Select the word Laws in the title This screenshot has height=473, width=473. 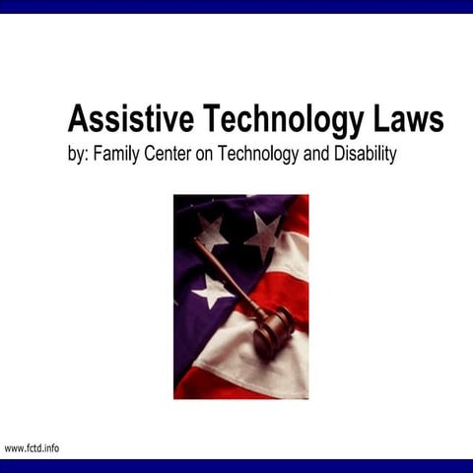pos(406,119)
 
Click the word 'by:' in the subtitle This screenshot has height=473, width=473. pos(78,155)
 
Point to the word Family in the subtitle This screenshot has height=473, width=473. pos(118,155)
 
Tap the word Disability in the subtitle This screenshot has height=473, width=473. pos(364,155)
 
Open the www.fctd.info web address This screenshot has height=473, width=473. pos(32,448)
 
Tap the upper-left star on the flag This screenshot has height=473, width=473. pos(209,233)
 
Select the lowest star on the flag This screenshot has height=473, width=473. pos(212,290)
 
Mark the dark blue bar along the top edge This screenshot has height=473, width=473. pos(236,6)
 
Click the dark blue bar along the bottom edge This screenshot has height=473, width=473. pos(236,465)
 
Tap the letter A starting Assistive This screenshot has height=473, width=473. pos(79,119)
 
